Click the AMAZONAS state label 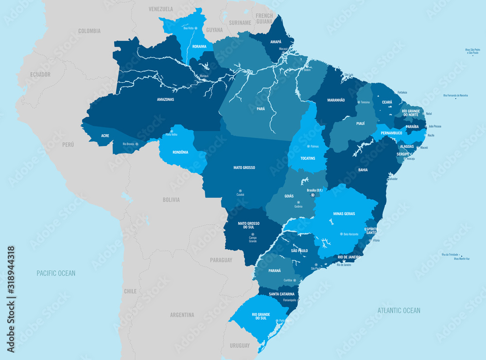pos(165,99)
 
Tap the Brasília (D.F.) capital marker pos(313,195)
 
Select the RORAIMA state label pos(199,47)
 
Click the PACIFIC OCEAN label pos(56,273)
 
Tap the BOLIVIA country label pos(171,199)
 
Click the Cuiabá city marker pos(240,190)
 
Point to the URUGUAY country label pos(239,345)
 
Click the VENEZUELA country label pos(160,9)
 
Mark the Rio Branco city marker pos(137,144)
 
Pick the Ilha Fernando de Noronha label pos(455,95)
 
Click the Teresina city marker pos(357,103)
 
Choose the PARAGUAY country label pos(221,260)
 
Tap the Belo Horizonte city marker pos(341,234)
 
